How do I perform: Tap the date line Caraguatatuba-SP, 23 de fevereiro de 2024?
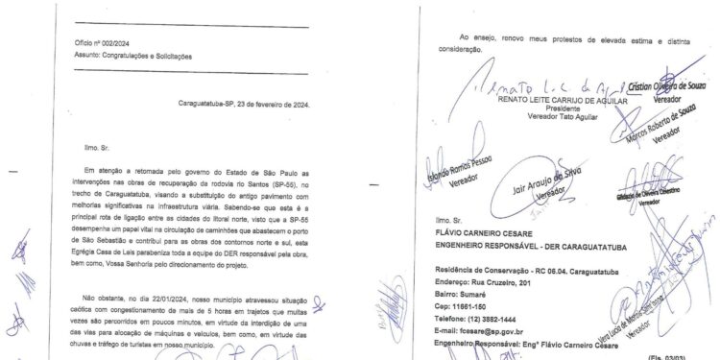point(245,105)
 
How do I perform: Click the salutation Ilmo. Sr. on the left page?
point(70,149)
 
